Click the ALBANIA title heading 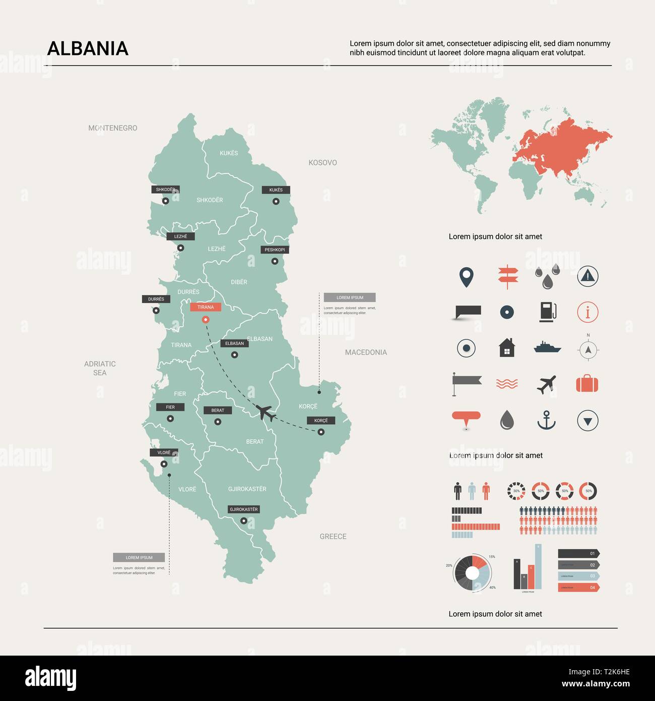point(88,48)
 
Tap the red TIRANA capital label point(206,307)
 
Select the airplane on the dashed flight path point(266,413)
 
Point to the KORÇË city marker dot point(321,432)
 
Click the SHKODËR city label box point(165,190)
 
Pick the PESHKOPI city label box point(275,250)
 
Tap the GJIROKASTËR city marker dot point(244,521)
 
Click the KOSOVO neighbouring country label point(322,162)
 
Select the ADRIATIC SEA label point(100,368)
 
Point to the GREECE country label point(333,537)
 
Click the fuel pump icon point(547,312)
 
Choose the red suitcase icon point(587,384)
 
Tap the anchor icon point(546,420)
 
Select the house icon point(507,347)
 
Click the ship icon point(547,347)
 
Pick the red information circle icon point(587,312)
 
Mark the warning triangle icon point(587,276)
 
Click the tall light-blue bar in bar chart point(538,567)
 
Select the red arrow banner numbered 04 point(578,588)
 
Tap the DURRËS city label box point(156,299)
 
